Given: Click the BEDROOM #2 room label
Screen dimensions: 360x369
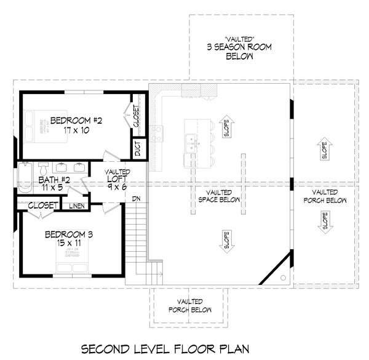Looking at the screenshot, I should pyautogui.click(x=72, y=120).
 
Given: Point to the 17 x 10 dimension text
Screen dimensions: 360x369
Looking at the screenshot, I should pyautogui.click(x=72, y=130).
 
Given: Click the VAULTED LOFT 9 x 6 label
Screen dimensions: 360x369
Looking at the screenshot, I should pyautogui.click(x=117, y=180).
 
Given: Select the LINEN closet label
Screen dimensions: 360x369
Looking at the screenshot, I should pyautogui.click(x=76, y=206).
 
